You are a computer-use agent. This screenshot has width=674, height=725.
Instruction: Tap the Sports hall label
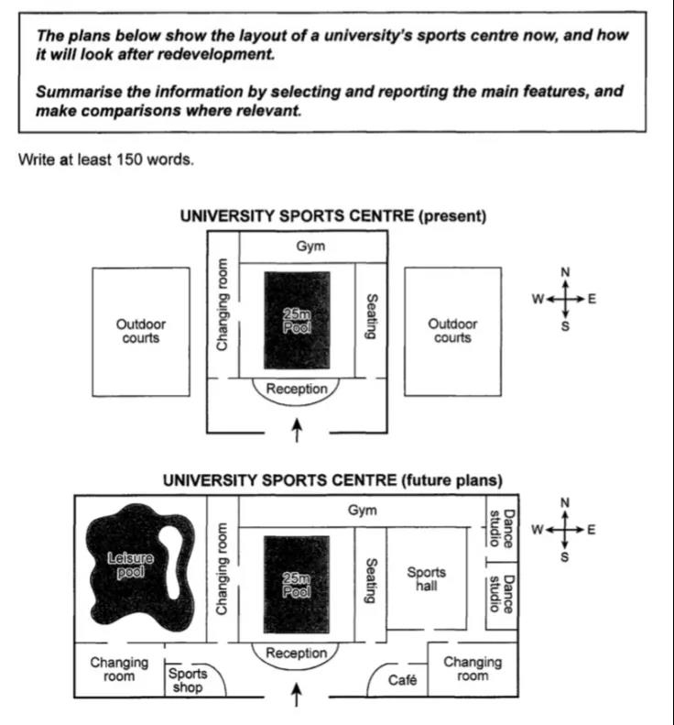coord(426,579)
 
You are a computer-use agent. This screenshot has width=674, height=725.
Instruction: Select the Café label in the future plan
coord(403,680)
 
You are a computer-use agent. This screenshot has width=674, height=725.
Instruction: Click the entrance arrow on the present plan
coord(296,429)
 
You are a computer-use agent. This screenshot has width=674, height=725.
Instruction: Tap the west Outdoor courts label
coord(141,331)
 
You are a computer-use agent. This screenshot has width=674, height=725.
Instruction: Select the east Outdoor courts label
coord(452,331)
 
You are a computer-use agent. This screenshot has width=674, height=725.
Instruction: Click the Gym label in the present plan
coord(311,247)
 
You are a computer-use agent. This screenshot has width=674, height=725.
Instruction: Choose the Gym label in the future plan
coord(363,511)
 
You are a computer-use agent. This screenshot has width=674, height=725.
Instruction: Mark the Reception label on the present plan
coord(296,390)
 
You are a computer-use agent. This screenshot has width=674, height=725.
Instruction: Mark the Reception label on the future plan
coord(296,654)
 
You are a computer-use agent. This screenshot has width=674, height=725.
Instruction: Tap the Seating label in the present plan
coord(371,316)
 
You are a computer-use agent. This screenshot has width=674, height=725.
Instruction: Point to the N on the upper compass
coord(565,272)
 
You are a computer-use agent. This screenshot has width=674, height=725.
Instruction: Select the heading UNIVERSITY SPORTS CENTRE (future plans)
coord(332,480)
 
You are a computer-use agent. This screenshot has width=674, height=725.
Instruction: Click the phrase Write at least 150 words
coord(105,159)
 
